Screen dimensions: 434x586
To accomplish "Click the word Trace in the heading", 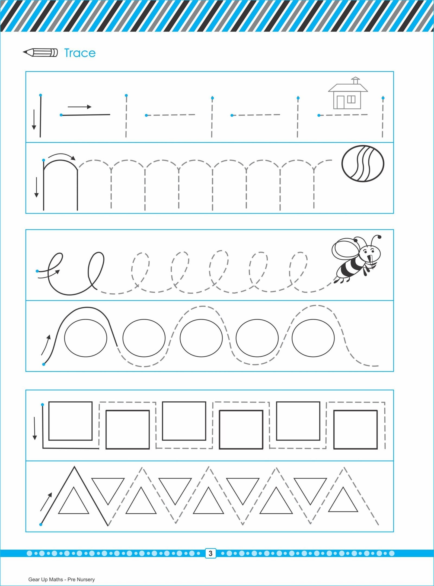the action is coord(80,53).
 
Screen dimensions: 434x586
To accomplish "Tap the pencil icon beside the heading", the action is coord(40,53).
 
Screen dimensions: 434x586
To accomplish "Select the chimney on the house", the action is coord(355,81).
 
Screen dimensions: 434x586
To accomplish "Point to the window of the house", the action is coord(351,100).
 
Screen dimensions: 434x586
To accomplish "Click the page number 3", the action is coord(210,553).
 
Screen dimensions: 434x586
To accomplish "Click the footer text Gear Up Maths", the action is coord(46,579).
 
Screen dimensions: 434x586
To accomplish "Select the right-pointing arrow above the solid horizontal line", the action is coord(79,107).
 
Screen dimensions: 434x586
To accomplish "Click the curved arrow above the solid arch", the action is coord(62,156).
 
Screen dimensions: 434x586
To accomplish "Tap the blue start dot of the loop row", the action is coord(37,271).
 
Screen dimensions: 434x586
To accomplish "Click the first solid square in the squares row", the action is coord(71,421).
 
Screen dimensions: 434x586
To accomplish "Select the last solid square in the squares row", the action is coord(355,430).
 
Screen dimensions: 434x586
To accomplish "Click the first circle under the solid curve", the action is coord(86,338).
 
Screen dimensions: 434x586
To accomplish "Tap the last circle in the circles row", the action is coord(313,338).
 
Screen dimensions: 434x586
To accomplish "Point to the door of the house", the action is coord(340,103).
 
